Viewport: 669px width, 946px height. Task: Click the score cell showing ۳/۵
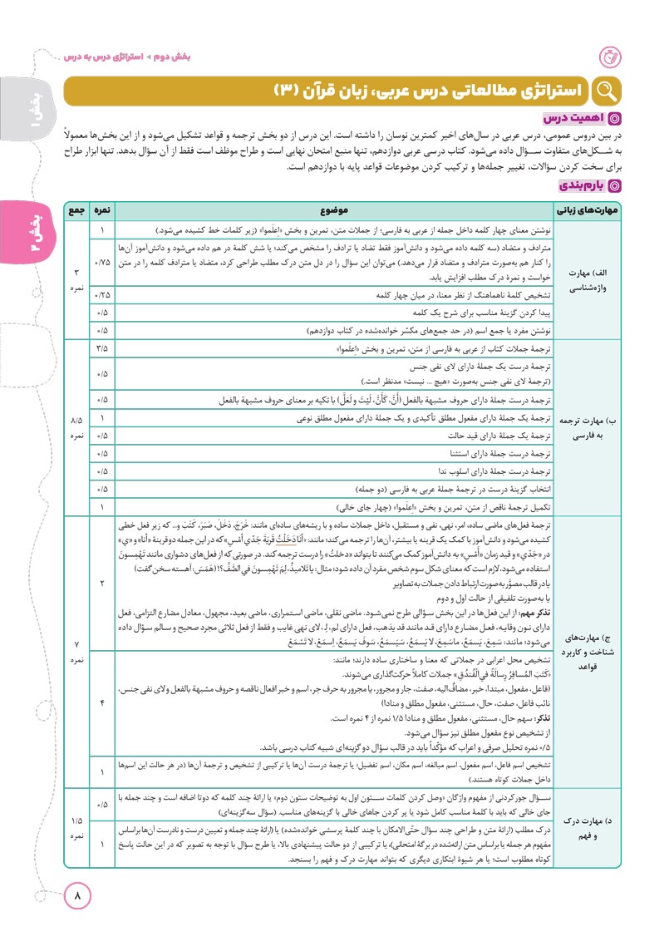102,347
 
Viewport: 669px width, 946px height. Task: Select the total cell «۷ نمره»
76,646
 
